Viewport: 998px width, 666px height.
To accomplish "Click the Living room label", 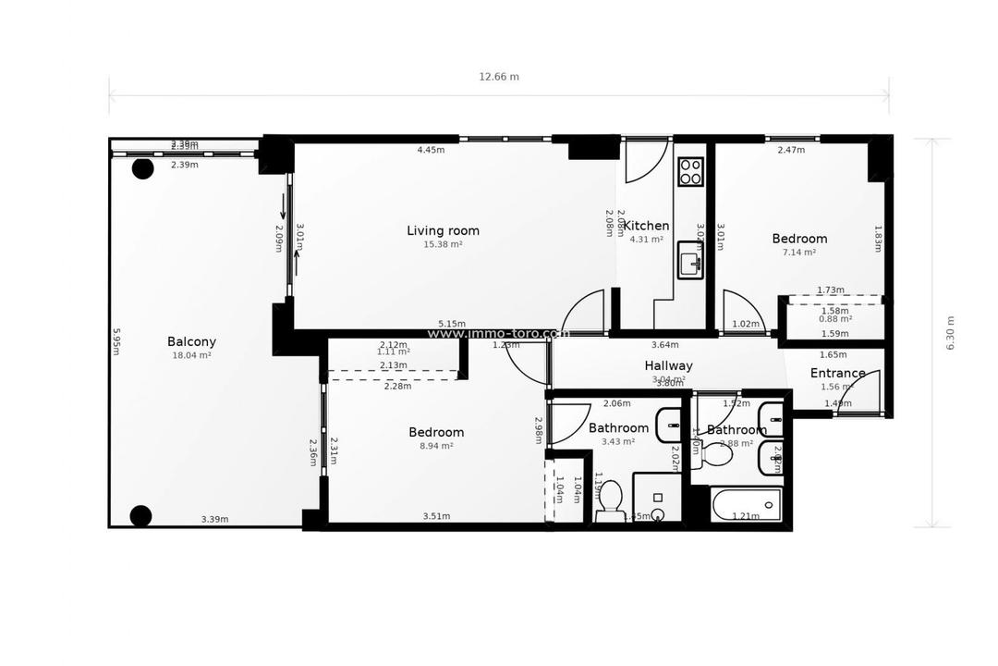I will point(443,230).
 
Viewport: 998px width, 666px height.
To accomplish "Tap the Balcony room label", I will point(191,341).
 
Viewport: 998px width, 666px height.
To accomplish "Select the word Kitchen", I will point(646,226).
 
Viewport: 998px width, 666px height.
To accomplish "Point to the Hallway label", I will point(668,365).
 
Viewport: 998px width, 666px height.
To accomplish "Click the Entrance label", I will point(837,374).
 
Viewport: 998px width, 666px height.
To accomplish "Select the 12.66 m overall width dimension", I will point(499,77).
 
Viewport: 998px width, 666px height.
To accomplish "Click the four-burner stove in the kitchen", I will point(690,171).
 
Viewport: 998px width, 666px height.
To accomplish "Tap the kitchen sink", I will point(689,260).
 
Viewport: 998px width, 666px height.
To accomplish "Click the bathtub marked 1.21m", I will point(747,505).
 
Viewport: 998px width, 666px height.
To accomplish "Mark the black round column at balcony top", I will point(142,168).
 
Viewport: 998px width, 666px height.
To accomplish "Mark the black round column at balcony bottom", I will point(140,515).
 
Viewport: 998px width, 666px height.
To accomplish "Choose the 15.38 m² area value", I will point(443,245).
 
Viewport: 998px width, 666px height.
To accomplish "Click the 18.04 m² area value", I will point(191,355).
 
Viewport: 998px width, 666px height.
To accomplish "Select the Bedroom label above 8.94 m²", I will point(436,432).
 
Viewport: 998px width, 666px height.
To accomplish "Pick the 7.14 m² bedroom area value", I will point(799,252).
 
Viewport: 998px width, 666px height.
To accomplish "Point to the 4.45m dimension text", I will point(431,150).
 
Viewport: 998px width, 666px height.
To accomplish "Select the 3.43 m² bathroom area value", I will point(618,441).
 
